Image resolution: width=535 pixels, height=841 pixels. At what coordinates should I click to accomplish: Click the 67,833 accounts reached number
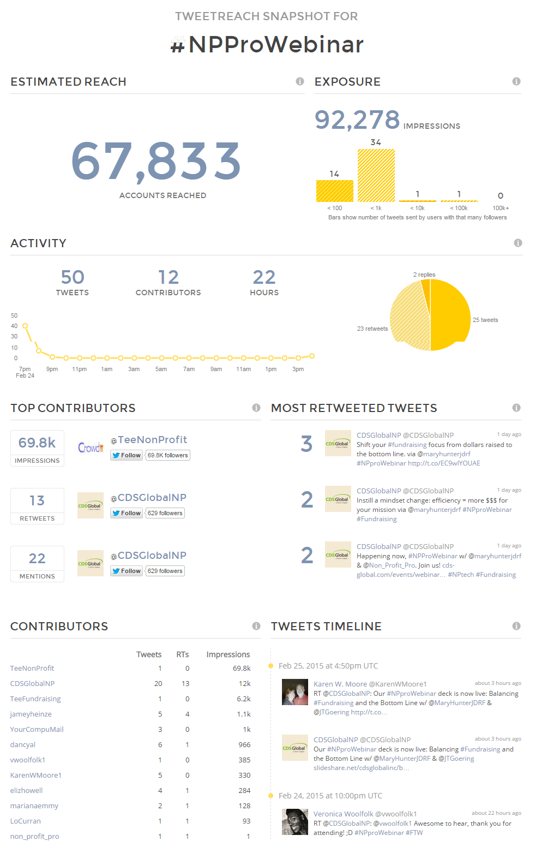155,162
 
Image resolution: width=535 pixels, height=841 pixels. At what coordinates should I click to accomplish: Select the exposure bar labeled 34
376,175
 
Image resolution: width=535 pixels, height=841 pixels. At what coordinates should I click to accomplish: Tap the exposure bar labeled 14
335,190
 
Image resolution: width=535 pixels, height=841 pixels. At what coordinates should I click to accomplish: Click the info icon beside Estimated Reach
300,81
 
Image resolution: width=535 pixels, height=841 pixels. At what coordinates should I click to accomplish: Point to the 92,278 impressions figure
357,120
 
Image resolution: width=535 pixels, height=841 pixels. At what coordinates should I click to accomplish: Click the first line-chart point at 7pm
25,326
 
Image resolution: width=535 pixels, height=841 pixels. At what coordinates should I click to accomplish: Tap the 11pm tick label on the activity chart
80,369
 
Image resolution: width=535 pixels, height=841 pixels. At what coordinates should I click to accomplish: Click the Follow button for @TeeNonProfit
127,455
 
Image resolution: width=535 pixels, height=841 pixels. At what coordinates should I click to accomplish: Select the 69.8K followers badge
168,455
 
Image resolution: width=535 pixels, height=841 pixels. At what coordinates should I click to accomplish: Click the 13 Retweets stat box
37,506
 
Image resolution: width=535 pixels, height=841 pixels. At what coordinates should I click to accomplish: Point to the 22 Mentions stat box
37,564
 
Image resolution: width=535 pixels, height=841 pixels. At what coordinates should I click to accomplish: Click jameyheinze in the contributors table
31,714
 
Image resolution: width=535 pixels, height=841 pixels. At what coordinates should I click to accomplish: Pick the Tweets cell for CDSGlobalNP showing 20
158,684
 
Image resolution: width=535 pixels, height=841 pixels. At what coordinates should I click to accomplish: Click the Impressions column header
228,654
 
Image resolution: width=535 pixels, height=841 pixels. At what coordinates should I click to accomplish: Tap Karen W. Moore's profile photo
295,692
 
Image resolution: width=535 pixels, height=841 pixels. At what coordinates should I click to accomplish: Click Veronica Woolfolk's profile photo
295,822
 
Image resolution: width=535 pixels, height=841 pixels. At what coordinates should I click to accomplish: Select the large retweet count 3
306,444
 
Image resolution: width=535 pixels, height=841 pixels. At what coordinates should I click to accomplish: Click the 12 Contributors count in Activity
169,277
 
